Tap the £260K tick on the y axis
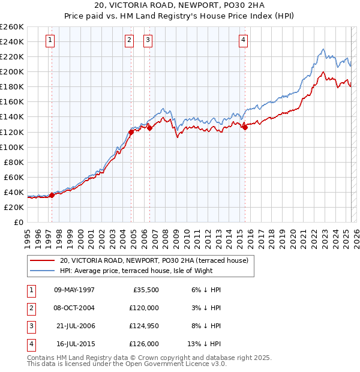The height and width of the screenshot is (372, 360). coord(12,27)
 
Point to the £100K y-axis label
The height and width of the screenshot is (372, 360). coord(12,147)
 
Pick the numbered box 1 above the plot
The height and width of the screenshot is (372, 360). coord(49,41)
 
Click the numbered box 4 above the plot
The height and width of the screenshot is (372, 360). coord(243,41)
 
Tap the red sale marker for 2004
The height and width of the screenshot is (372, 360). coord(131,132)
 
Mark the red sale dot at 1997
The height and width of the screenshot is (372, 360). coord(52,195)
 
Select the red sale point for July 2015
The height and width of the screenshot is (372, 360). coord(245,127)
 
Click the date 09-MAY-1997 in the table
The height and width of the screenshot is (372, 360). coord(74,290)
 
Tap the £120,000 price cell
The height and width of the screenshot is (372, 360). coord(145,308)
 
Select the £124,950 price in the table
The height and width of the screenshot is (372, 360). coord(145,326)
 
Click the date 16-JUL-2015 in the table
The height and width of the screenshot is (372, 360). coord(74,344)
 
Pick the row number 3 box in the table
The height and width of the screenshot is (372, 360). coord(30,326)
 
